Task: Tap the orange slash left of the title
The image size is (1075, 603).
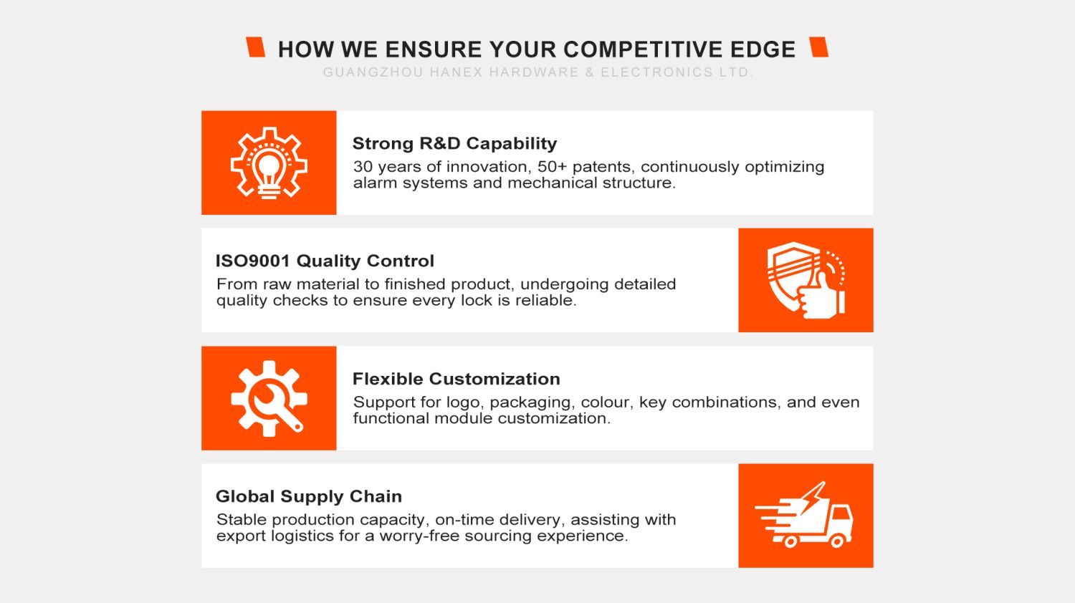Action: (x=255, y=47)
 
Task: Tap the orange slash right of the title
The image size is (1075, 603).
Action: (x=818, y=47)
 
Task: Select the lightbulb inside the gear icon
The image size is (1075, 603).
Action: (x=269, y=172)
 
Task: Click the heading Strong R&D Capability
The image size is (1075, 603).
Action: (x=454, y=143)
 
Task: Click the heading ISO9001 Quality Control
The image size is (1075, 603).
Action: (x=325, y=261)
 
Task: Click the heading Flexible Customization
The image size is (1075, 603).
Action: (x=457, y=379)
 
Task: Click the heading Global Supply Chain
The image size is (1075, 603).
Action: (x=309, y=496)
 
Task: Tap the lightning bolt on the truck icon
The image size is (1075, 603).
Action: (x=812, y=498)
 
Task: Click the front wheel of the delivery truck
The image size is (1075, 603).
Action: (x=837, y=541)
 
